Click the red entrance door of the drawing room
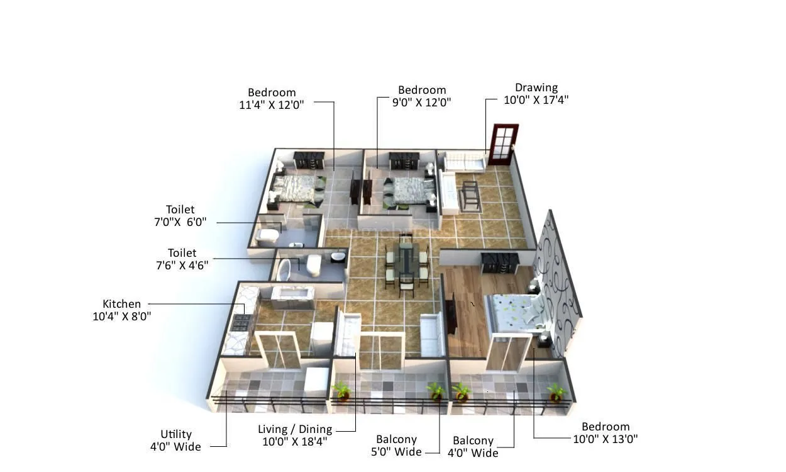pyautogui.click(x=503, y=145)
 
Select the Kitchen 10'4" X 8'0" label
pyautogui.click(x=122, y=310)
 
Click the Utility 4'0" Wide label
pyautogui.click(x=176, y=441)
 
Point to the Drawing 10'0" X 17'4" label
pyautogui.click(x=536, y=94)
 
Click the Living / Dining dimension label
pyautogui.click(x=295, y=435)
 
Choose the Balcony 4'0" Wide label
pyautogui.click(x=473, y=447)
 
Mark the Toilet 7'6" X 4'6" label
pyautogui.click(x=182, y=259)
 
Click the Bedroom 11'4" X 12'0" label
pyautogui.click(x=272, y=99)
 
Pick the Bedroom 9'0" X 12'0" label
pyautogui.click(x=422, y=96)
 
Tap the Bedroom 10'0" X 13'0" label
pyautogui.click(x=606, y=433)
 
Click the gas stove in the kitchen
pyautogui.click(x=241, y=322)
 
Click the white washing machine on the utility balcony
pyautogui.click(x=316, y=381)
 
